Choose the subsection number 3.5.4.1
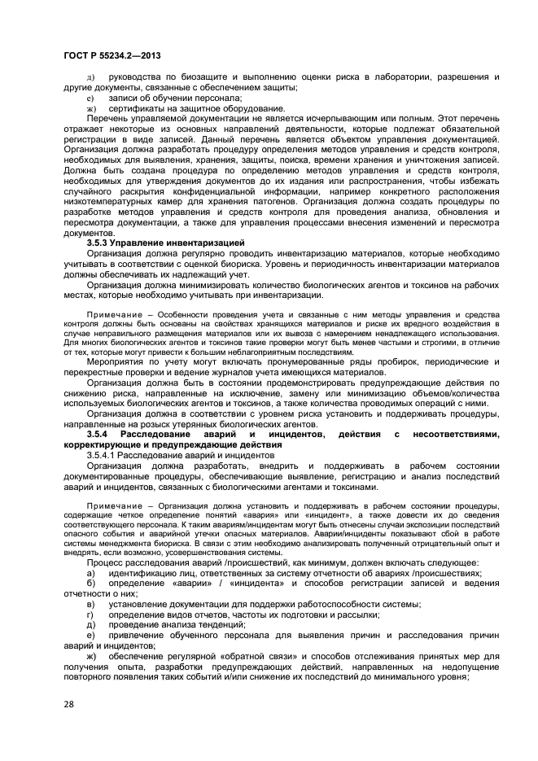(x=105, y=455)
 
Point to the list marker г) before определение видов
(x=90, y=614)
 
